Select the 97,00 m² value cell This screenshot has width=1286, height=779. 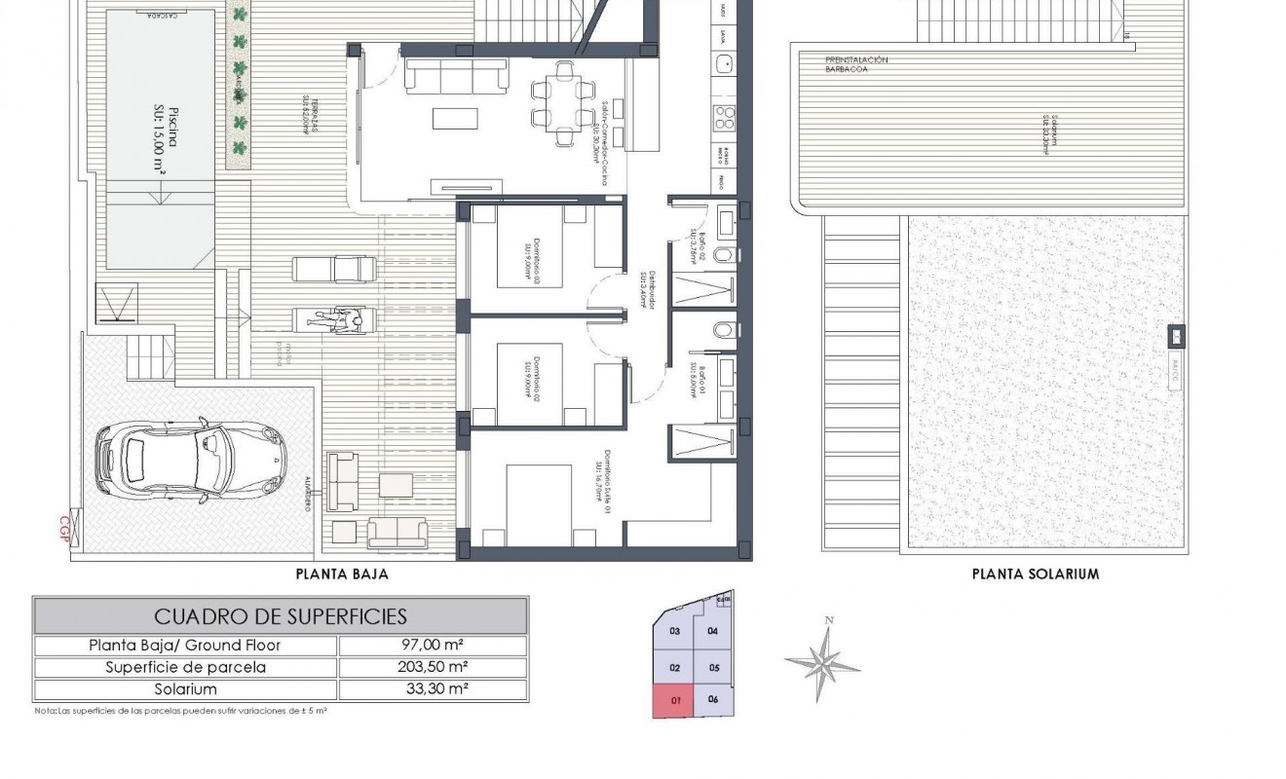pyautogui.click(x=433, y=645)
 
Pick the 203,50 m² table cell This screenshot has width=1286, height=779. pyautogui.click(x=433, y=667)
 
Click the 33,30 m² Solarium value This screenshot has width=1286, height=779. pyautogui.click(x=433, y=689)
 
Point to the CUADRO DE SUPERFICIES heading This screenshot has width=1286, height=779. pyautogui.click(x=281, y=616)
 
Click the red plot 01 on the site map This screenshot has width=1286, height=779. pyautogui.click(x=675, y=699)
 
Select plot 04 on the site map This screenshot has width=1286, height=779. pyautogui.click(x=712, y=631)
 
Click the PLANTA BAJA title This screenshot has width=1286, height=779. pyautogui.click(x=342, y=575)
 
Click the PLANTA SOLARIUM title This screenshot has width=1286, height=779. pyautogui.click(x=1036, y=575)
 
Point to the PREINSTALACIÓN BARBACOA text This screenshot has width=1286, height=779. pyautogui.click(x=856, y=64)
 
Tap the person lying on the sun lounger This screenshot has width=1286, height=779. pyautogui.click(x=334, y=318)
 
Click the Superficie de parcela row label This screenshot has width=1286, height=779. pyautogui.click(x=185, y=667)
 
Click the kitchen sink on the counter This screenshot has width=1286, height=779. pyautogui.click(x=724, y=63)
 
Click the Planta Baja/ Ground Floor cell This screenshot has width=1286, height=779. pyautogui.click(x=185, y=645)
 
